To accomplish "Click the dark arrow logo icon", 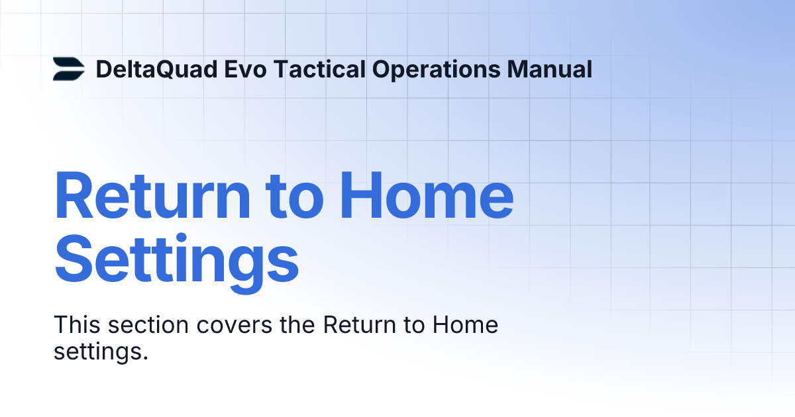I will tap(69, 69).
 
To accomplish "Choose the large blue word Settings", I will tap(176, 261).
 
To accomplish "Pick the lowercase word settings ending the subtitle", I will tap(100, 351).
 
